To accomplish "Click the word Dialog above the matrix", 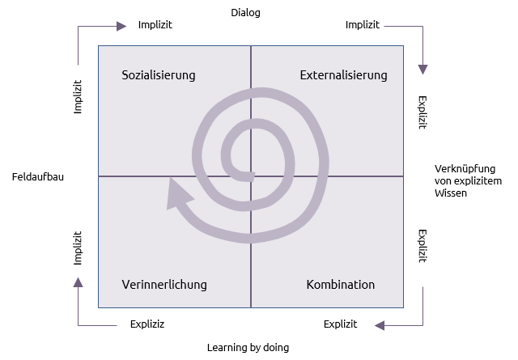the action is click(x=245, y=13).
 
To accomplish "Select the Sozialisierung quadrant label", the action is click(x=159, y=75).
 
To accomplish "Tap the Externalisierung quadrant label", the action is click(x=343, y=75).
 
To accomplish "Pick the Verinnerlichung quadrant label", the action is click(x=164, y=285).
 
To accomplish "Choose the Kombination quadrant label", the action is click(x=341, y=285).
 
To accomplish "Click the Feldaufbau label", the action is click(x=38, y=177).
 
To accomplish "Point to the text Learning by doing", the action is click(x=248, y=348).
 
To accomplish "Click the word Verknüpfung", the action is click(x=465, y=169).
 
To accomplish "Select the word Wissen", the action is click(x=451, y=193).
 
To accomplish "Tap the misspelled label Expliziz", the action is click(x=147, y=324).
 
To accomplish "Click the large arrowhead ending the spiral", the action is click(x=178, y=194).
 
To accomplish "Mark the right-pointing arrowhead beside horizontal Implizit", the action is click(x=121, y=26).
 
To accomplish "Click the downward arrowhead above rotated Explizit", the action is click(x=422, y=70).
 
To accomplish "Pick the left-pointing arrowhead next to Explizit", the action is click(x=380, y=325).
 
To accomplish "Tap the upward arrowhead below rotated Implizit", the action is click(x=78, y=282).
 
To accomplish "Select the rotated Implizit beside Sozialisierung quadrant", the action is click(x=78, y=97).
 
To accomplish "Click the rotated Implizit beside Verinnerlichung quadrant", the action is click(x=78, y=248).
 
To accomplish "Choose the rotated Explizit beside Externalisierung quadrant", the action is click(x=422, y=112).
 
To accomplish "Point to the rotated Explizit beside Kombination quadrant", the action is click(x=422, y=247).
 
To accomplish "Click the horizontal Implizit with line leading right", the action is click(x=363, y=25).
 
